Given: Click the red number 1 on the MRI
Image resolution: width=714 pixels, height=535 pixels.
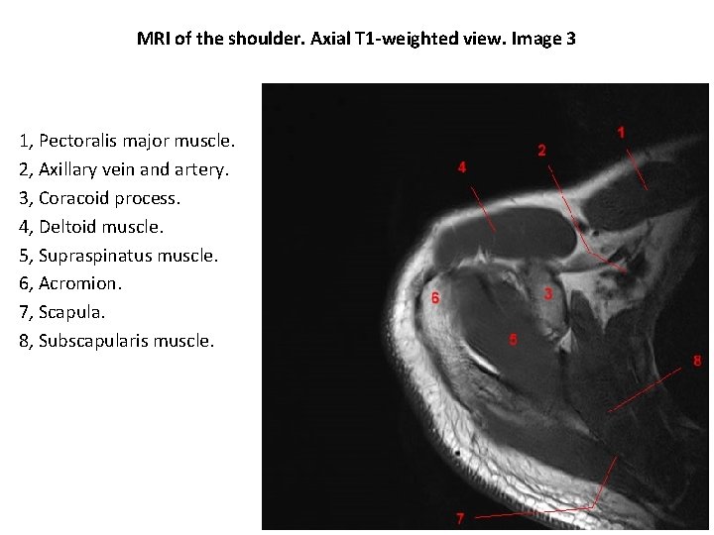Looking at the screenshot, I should tap(622, 132).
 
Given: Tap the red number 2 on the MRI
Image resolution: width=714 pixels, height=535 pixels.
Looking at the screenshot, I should tap(541, 151).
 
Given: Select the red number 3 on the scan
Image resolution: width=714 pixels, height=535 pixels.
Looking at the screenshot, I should tap(548, 293).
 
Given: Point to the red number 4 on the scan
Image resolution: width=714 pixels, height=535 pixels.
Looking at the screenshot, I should tap(461, 166).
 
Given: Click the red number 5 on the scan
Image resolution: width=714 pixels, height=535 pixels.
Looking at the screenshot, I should tap(513, 340).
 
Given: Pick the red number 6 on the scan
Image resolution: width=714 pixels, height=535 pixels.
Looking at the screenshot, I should tap(434, 298).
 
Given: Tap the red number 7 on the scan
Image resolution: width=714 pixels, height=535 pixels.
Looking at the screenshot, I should tap(459, 518).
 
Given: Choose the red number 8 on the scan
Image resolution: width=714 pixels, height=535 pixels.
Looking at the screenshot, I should tap(697, 361).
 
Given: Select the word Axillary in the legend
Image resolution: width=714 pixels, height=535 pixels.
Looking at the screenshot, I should tap(69, 169).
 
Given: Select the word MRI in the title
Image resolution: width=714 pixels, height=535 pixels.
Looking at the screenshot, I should tap(155, 42).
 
